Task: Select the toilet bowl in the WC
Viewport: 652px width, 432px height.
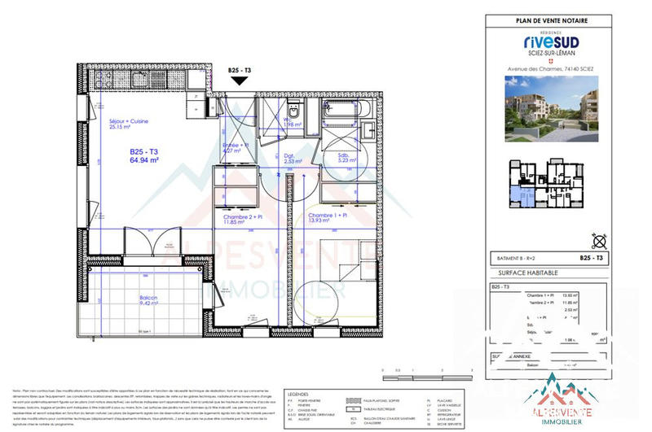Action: click(295, 113)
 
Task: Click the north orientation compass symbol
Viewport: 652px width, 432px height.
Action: click(601, 239)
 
